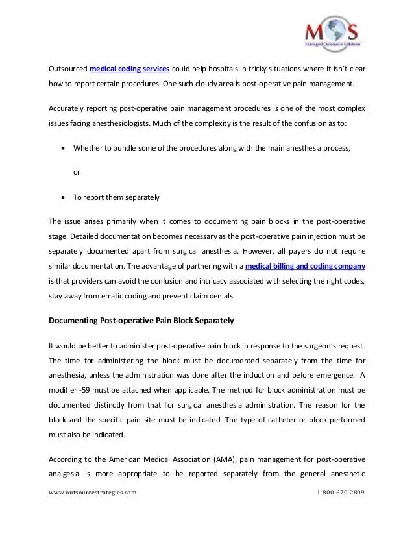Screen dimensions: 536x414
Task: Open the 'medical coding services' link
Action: [x=129, y=69]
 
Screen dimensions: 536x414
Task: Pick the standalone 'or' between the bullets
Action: [x=77, y=173]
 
